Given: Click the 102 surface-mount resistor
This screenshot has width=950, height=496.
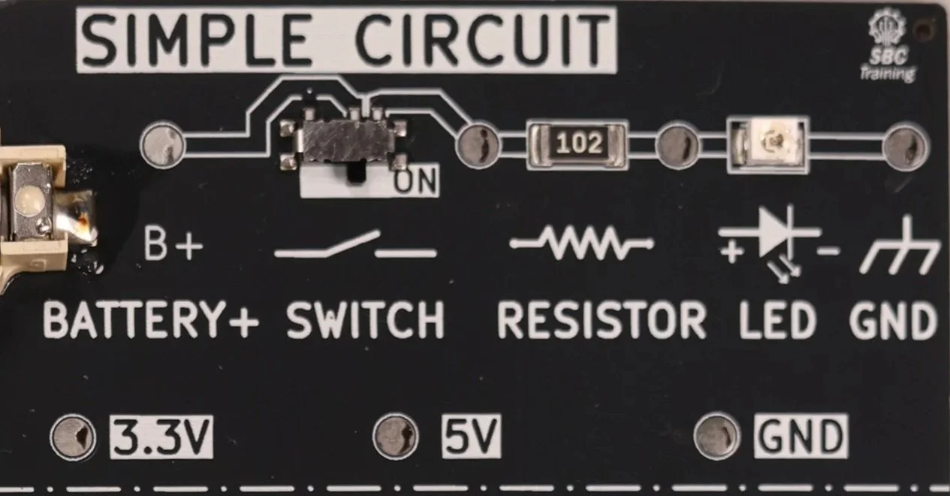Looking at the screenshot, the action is click(x=577, y=144).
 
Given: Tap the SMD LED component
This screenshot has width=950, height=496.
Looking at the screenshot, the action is click(x=768, y=144).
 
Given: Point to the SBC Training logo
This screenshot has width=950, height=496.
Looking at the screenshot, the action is click(x=888, y=47).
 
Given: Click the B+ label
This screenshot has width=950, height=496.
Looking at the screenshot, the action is click(x=173, y=244).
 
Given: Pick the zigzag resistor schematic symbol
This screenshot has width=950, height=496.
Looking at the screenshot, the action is click(x=582, y=243).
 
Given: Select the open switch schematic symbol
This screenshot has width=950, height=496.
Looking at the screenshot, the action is click(x=355, y=245).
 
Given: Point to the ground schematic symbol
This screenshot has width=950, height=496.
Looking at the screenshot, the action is click(x=900, y=244).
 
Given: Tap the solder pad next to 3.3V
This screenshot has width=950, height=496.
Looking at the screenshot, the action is click(x=73, y=436).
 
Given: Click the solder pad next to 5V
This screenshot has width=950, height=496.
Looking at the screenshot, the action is click(x=395, y=436).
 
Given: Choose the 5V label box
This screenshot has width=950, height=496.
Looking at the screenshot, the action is click(x=471, y=436).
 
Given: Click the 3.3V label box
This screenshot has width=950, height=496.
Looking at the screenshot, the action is click(x=161, y=437).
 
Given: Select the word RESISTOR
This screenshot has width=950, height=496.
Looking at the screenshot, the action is click(x=602, y=320).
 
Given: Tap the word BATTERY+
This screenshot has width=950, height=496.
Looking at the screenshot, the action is click(x=151, y=320).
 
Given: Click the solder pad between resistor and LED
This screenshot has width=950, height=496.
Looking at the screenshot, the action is click(x=677, y=146).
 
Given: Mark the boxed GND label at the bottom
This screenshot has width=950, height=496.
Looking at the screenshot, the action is click(x=801, y=436).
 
